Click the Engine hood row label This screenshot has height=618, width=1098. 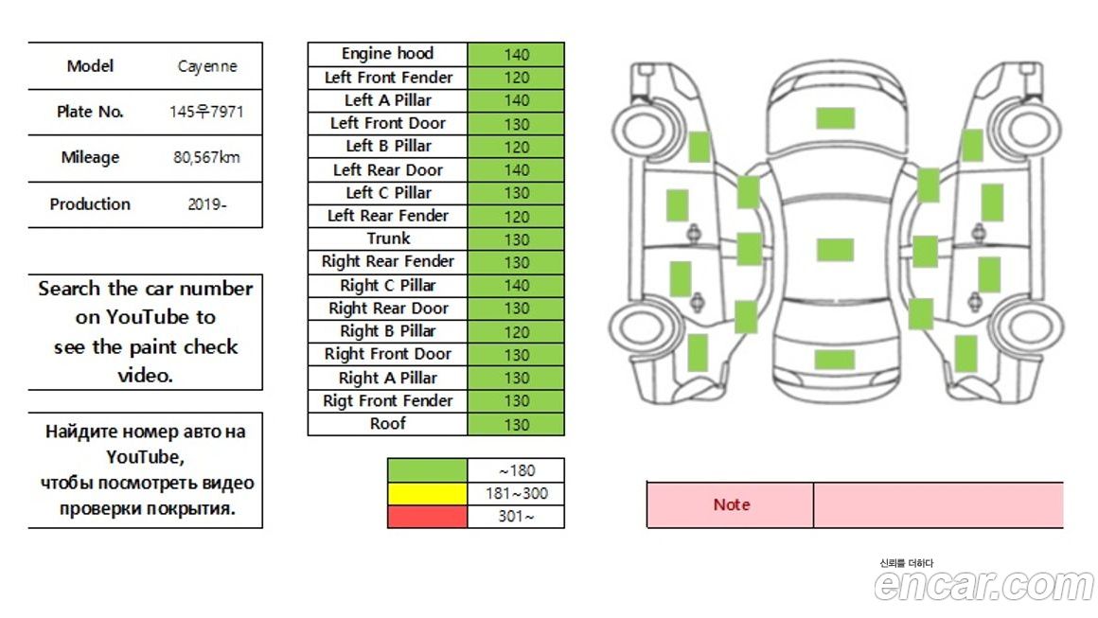click(387, 54)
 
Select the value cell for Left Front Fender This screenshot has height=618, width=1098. click(516, 78)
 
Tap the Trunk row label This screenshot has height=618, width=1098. click(387, 238)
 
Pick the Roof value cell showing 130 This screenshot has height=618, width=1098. click(516, 424)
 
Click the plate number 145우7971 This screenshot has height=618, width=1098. click(206, 112)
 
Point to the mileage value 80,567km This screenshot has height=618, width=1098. click(206, 157)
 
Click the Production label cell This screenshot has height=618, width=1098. click(90, 204)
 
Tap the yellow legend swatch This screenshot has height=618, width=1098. click(427, 493)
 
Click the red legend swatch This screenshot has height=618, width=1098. click(427, 517)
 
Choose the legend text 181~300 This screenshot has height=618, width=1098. click(516, 493)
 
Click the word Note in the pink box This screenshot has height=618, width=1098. click(731, 504)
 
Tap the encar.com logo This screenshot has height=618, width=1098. click(983, 585)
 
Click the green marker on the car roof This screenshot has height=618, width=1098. click(835, 250)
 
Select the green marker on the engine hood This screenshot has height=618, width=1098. click(835, 118)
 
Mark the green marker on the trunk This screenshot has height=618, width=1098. click(835, 360)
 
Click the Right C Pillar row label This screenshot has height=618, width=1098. click(387, 285)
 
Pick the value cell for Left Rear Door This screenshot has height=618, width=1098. click(516, 170)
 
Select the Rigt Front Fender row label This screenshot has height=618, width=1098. click(387, 401)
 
